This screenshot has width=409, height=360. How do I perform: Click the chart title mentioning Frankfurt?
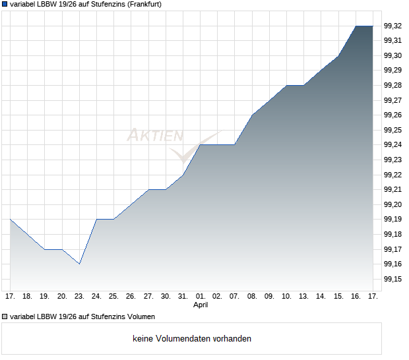point(86,4)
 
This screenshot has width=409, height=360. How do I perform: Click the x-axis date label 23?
point(79,296)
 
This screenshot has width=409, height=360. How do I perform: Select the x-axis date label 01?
point(201,296)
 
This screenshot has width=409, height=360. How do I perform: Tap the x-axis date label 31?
point(183,296)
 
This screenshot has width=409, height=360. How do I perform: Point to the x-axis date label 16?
point(356,296)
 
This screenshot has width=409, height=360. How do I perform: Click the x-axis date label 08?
point(252,296)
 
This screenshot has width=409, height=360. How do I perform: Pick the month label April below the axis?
point(201,305)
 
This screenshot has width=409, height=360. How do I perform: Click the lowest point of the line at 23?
point(79,264)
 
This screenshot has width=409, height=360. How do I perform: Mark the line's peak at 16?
point(356,26)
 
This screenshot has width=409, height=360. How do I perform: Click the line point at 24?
point(96,219)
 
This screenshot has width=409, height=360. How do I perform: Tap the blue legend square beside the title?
point(5,4)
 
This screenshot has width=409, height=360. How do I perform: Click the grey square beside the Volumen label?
point(5,316)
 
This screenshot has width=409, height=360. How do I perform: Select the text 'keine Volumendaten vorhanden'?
point(192,339)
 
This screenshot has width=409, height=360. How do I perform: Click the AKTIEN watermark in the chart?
point(155,136)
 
